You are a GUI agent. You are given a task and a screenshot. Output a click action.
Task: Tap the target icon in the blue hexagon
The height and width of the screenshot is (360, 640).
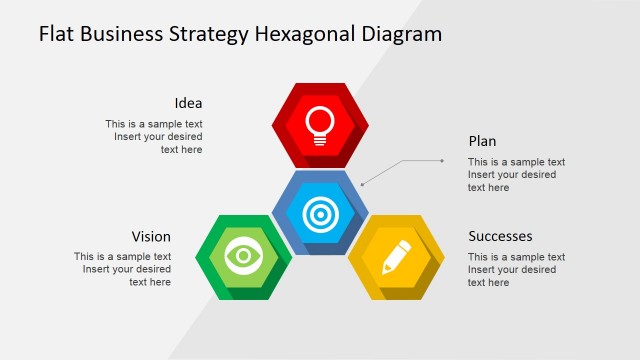320,213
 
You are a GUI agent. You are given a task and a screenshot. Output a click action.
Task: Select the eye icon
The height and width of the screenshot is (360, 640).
243,256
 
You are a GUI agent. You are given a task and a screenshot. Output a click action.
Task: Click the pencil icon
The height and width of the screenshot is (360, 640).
397,257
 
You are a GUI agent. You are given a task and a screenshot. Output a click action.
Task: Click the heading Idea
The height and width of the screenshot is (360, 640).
188,103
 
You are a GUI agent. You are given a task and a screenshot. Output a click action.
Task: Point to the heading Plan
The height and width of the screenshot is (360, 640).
482,141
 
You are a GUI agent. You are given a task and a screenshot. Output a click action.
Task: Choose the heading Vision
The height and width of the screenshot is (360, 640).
151,237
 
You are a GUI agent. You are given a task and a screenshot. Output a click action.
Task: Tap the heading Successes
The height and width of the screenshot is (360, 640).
500,237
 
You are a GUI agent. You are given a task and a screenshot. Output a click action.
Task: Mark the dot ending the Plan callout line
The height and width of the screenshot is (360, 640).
442,160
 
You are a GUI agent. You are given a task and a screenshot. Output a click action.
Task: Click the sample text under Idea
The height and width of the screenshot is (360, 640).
154,137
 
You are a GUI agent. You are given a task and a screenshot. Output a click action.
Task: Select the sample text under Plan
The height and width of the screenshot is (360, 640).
516,175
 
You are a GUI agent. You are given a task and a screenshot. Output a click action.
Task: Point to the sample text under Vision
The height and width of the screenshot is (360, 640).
122,269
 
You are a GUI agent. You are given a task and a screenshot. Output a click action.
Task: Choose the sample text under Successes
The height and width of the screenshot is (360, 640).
516,270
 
